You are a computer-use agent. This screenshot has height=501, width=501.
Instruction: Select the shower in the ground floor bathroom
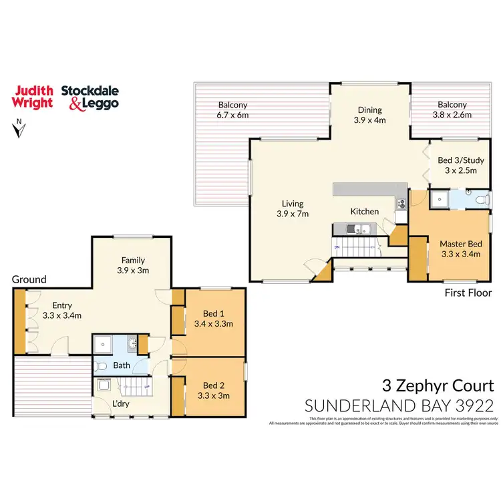point(102,345)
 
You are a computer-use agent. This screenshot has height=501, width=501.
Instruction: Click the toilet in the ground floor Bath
point(100,365)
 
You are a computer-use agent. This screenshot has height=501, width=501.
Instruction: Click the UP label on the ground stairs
point(146,385)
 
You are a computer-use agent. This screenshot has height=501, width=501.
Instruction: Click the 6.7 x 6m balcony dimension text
point(232,115)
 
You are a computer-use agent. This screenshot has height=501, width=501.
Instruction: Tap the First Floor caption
point(468,293)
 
